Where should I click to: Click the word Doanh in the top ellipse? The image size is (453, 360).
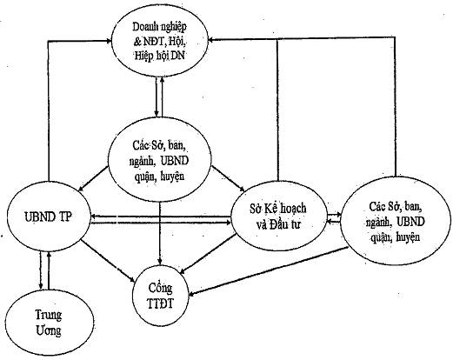click(x=144, y=27)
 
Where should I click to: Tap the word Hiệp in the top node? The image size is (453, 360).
click(x=143, y=56)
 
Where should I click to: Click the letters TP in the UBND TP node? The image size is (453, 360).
click(x=65, y=217)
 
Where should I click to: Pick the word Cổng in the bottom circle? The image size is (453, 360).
click(x=160, y=288)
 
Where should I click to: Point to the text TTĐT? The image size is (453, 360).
click(x=160, y=303)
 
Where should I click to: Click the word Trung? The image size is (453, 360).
click(x=49, y=315)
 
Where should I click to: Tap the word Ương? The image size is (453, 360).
click(x=49, y=330)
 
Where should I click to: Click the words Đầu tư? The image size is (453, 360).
click(x=284, y=224)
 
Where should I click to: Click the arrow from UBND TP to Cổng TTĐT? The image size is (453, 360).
click(x=109, y=261)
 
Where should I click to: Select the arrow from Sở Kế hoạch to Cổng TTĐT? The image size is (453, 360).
click(x=209, y=253)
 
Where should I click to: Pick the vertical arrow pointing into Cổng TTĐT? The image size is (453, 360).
click(x=160, y=232)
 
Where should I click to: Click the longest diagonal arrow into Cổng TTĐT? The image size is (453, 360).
click(x=269, y=270)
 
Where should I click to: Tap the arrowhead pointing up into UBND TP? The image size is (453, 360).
click(x=49, y=254)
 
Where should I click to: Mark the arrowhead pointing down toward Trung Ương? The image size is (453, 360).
click(x=41, y=284)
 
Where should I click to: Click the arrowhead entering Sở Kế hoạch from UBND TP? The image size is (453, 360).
click(x=228, y=223)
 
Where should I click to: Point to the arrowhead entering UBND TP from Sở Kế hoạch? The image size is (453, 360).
click(x=94, y=217)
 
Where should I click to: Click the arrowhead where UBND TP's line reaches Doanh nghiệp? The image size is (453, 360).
click(x=109, y=41)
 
